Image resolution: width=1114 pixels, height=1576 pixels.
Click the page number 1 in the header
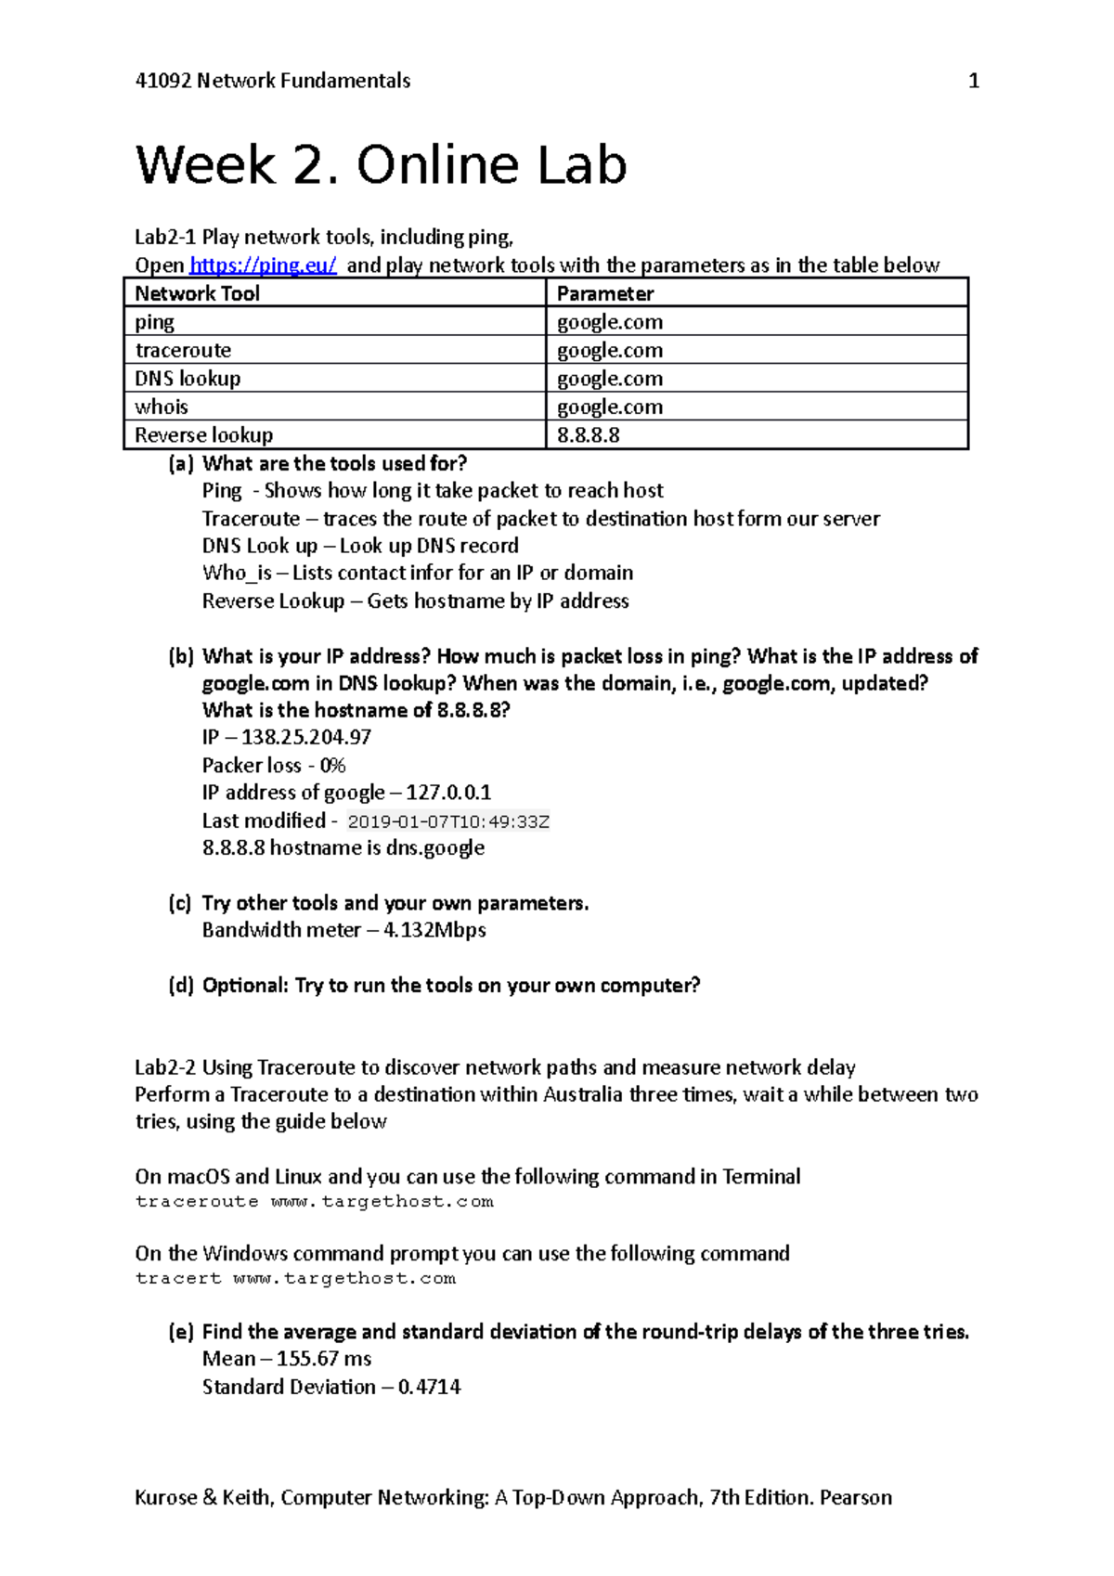point(973,82)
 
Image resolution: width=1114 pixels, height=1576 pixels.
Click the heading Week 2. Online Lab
point(381,166)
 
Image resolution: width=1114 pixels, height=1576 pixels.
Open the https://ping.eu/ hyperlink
point(263,265)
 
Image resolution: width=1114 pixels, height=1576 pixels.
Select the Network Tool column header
point(197,294)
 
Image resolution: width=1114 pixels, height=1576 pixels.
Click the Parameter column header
point(605,294)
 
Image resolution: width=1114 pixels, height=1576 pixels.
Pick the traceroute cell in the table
point(183,351)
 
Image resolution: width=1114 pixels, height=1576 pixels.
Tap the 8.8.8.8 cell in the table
point(588,435)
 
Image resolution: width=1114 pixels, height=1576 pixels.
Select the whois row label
point(162,407)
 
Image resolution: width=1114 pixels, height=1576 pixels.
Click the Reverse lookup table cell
point(204,435)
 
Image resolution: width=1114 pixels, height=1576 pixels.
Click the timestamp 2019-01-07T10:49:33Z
point(448,822)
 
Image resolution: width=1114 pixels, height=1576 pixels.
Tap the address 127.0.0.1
point(448,793)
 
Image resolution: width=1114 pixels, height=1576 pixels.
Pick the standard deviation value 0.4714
point(429,1387)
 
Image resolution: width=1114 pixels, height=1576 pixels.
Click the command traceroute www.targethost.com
point(314,1202)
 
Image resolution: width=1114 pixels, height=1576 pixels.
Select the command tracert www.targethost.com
point(295,1279)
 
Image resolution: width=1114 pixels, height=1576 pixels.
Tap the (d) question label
point(180,986)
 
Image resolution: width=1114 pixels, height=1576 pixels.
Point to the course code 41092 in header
point(163,82)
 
